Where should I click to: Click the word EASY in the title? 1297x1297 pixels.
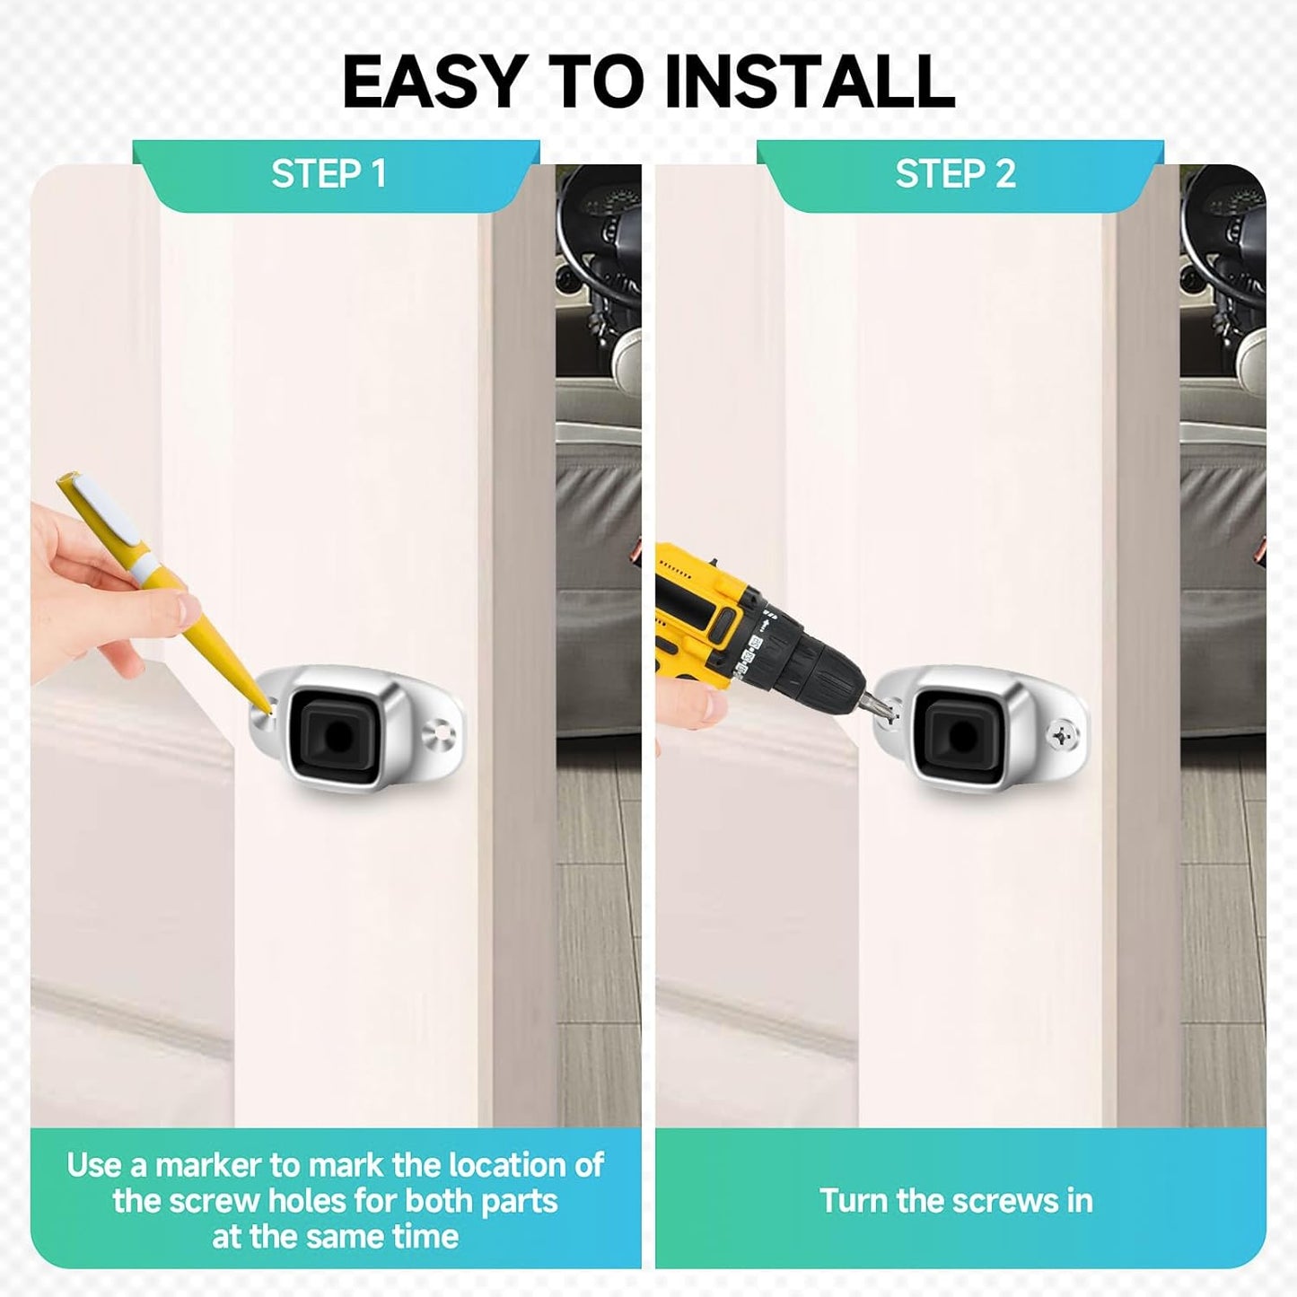pos(432,81)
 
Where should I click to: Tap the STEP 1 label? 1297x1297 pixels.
pos(329,173)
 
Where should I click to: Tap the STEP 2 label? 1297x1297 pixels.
pos(955,173)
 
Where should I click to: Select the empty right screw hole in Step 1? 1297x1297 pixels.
pos(443,729)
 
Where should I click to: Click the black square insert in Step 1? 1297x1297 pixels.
pos(337,736)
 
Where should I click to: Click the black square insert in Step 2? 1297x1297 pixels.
pos(960,736)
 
